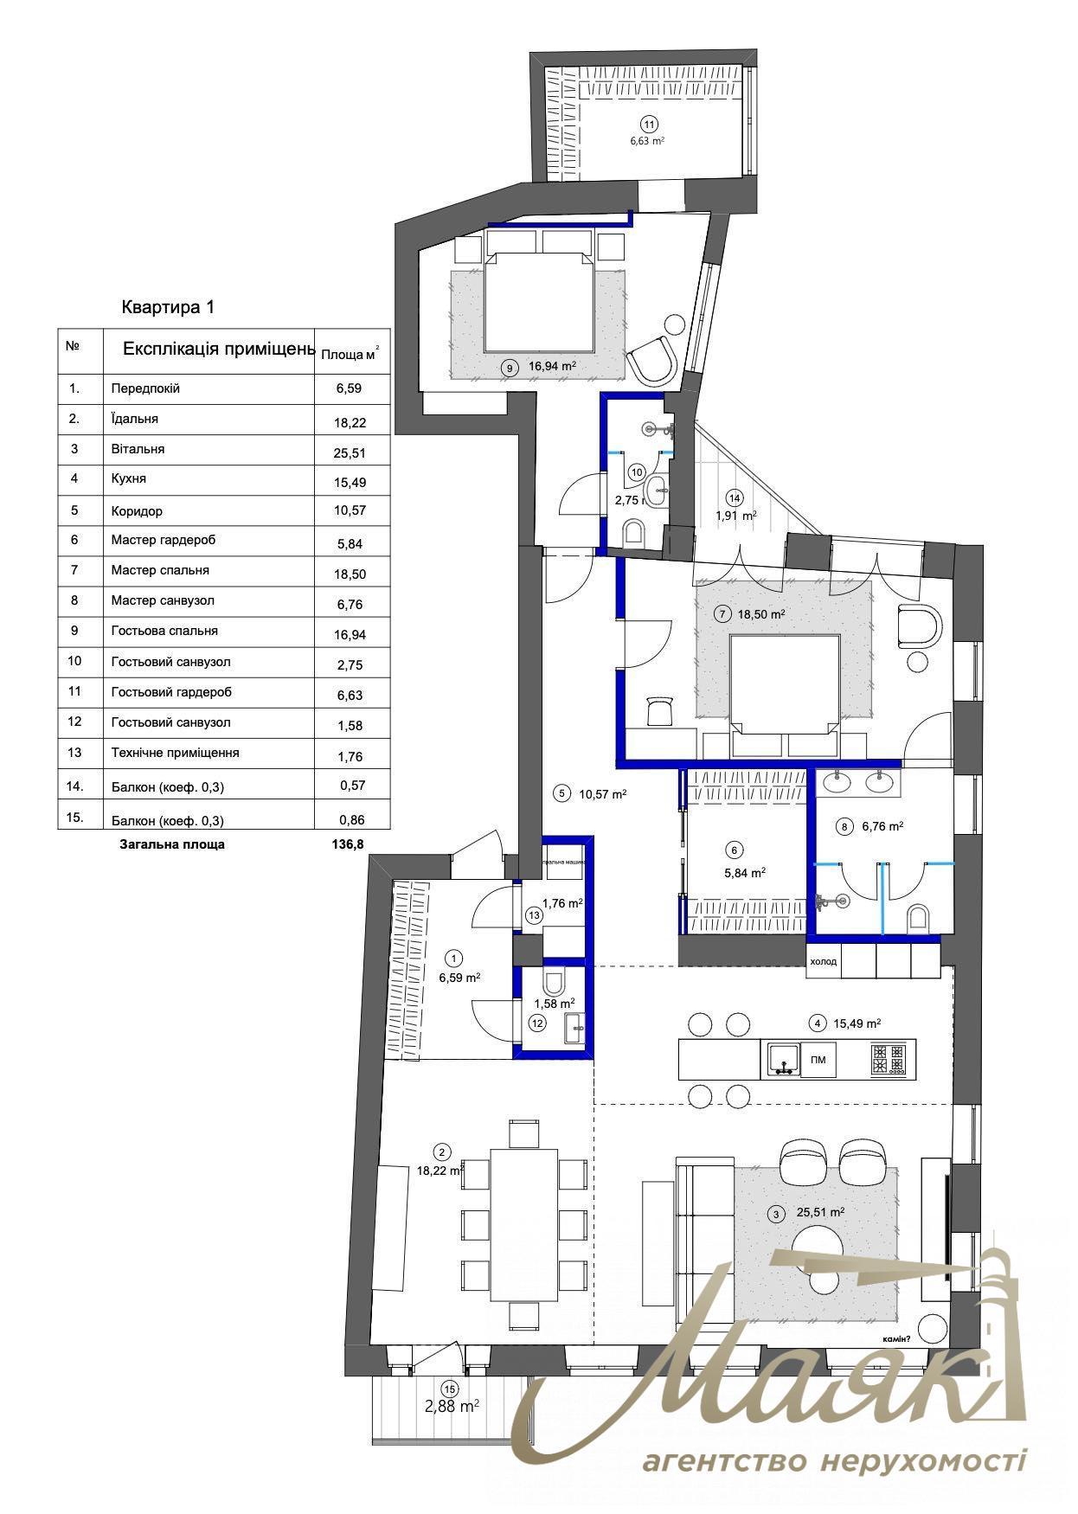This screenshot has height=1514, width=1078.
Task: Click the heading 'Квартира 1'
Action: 167,307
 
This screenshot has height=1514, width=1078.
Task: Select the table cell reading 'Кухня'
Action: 129,478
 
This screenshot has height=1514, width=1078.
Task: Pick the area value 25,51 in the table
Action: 350,452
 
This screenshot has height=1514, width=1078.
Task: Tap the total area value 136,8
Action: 347,844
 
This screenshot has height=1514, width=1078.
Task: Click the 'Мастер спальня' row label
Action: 160,570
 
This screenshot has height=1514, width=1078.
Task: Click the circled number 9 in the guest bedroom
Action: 510,368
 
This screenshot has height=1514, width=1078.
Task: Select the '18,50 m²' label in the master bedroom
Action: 761,614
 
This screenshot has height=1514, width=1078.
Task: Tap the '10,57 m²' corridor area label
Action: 603,793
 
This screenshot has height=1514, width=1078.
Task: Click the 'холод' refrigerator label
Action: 823,961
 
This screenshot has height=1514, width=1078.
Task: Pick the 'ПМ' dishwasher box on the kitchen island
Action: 818,1060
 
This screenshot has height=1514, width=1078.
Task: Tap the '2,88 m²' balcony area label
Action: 452,1407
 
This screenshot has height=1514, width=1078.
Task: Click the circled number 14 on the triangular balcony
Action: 735,498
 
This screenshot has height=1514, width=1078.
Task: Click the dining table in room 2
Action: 524,1222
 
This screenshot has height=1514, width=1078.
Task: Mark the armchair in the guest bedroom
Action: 653,361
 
